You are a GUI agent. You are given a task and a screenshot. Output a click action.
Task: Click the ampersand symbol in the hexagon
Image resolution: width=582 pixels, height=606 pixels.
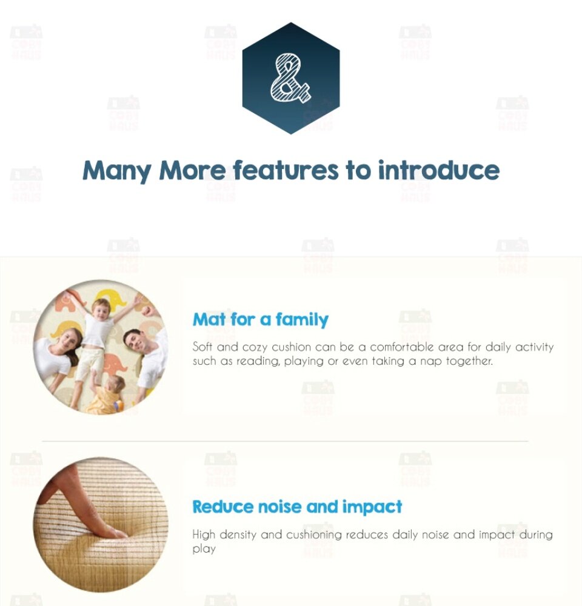pyautogui.click(x=290, y=78)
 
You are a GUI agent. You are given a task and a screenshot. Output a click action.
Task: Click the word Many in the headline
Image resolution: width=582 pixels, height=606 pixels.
pyautogui.click(x=117, y=171)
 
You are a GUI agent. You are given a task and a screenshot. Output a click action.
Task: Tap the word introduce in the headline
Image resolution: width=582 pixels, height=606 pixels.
pyautogui.click(x=438, y=170)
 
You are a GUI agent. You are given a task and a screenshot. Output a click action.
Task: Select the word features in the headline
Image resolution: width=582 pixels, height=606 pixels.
pyautogui.click(x=286, y=170)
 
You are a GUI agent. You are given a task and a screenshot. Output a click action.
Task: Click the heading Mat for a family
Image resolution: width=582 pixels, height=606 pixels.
pyautogui.click(x=260, y=319)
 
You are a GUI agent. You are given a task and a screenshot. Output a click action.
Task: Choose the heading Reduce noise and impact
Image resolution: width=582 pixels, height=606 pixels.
pyautogui.click(x=297, y=507)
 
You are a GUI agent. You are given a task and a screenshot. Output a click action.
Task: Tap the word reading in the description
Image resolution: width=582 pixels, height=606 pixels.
pyautogui.click(x=258, y=361)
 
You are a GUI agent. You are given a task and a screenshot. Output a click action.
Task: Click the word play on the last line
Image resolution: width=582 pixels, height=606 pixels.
pyautogui.click(x=204, y=549)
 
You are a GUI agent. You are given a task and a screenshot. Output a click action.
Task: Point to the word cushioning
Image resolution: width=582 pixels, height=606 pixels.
pyautogui.click(x=314, y=535)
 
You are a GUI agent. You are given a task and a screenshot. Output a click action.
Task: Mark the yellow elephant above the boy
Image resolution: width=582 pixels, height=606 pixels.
pyautogui.click(x=107, y=297)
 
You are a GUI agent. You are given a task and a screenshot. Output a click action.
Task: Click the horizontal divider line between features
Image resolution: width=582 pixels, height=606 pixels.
pyautogui.click(x=285, y=441)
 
